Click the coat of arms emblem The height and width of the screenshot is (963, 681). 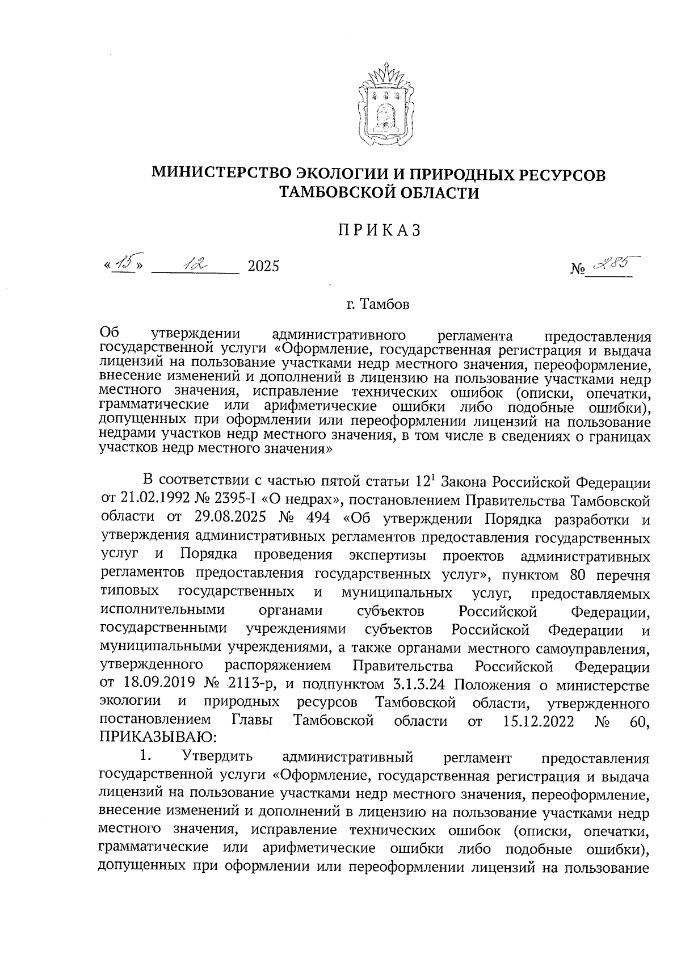(383, 108)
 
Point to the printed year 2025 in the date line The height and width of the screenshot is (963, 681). (263, 266)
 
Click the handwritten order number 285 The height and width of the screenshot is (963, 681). (611, 262)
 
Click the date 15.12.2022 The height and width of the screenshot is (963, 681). (539, 721)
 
